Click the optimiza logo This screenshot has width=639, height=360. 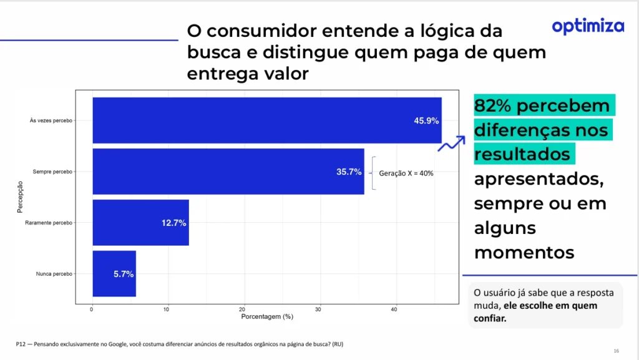point(588,26)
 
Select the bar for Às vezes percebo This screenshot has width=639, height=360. point(266,120)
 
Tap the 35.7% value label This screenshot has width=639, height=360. point(349,172)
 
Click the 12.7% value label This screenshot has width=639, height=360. point(174,223)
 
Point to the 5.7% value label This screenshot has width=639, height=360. point(124,274)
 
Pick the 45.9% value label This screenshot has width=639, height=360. point(426,120)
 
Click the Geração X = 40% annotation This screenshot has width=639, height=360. point(406,173)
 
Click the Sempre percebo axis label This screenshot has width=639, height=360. point(53,172)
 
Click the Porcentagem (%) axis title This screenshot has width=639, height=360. point(267,317)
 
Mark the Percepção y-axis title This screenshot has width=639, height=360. point(20,197)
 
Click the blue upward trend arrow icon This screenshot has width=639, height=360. point(451,144)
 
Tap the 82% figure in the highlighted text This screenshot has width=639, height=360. point(492,106)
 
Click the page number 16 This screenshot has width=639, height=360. point(616,351)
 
